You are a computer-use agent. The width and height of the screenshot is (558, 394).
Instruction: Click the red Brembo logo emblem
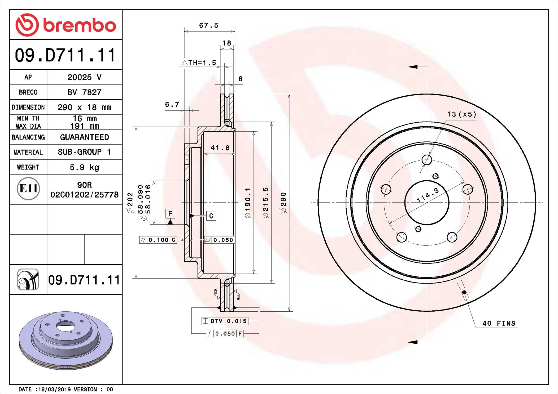point(27,25)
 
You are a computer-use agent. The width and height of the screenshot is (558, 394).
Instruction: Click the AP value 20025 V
point(84,77)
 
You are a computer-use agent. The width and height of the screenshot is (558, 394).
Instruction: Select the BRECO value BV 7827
point(84,92)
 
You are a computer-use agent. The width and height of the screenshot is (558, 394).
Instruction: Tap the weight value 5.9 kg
point(84,167)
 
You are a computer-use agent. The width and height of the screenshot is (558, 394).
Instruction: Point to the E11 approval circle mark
point(28,189)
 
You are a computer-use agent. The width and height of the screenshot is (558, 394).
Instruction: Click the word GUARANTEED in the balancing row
point(84,137)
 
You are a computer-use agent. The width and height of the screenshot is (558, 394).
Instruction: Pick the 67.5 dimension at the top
point(208,25)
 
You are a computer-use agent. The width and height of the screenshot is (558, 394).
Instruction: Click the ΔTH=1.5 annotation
point(199,63)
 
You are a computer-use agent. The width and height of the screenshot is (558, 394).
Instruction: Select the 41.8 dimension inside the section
point(220,148)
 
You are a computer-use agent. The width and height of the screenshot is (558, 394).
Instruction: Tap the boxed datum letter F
point(170,213)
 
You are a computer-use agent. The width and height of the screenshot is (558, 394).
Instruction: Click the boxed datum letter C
point(211,216)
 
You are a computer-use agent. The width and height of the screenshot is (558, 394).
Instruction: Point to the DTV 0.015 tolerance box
point(225,321)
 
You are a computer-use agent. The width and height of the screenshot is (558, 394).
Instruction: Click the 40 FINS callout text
point(499,323)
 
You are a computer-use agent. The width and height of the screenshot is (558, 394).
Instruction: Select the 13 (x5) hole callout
point(461,114)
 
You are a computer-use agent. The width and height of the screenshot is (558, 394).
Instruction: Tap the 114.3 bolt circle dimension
point(428,195)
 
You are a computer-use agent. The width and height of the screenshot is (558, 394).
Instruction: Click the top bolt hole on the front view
point(427,160)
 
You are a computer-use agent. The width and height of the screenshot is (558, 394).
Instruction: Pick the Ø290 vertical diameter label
point(284,203)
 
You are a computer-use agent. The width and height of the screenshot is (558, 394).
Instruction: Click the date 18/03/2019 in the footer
point(55,389)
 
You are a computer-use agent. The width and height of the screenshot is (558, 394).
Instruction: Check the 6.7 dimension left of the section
point(172,105)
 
